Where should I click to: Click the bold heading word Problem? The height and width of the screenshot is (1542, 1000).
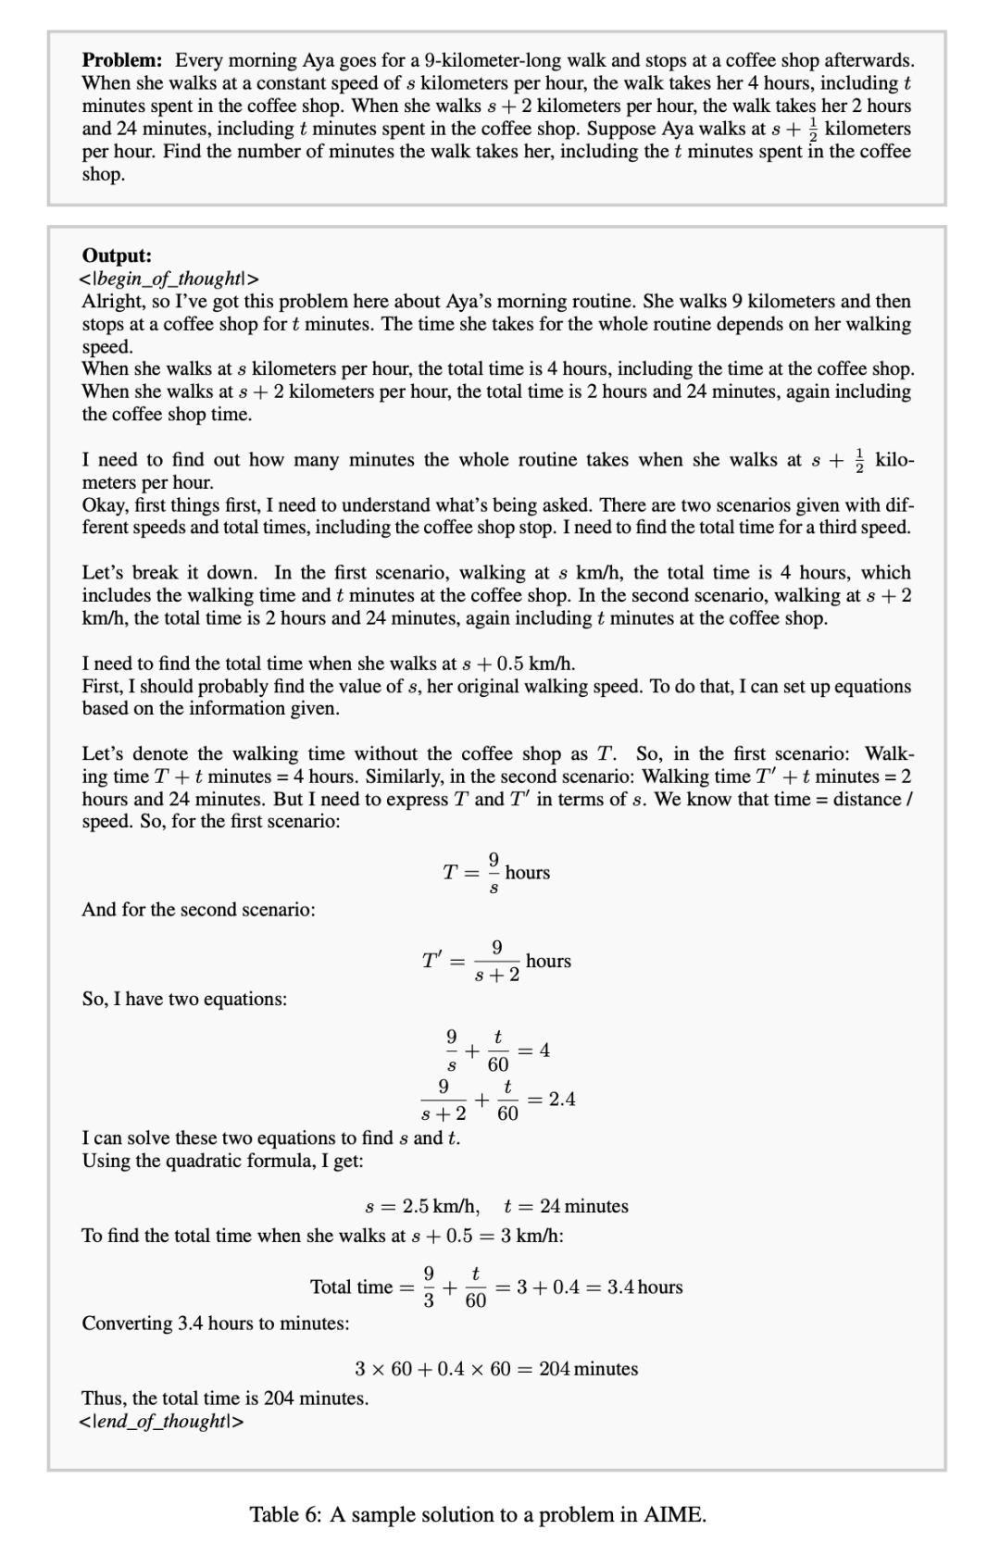121,61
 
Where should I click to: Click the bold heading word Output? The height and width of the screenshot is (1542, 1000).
117,255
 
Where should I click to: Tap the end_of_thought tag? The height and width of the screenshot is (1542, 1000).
162,1421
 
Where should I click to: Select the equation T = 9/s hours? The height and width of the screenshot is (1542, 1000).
496,873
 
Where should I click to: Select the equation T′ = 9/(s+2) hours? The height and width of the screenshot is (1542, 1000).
496,962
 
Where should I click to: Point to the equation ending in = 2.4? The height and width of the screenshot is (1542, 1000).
497,1100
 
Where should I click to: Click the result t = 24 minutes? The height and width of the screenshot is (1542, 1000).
566,1206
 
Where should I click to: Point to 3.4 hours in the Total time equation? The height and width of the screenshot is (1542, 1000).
645,1287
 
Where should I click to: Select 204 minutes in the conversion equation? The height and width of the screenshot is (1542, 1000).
589,1369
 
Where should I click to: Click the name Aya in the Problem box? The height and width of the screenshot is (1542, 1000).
319,61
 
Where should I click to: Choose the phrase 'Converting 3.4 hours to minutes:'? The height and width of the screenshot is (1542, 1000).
216,1324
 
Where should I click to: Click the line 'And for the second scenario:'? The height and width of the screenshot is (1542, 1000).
198,910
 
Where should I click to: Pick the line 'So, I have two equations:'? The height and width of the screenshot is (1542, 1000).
184,1000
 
